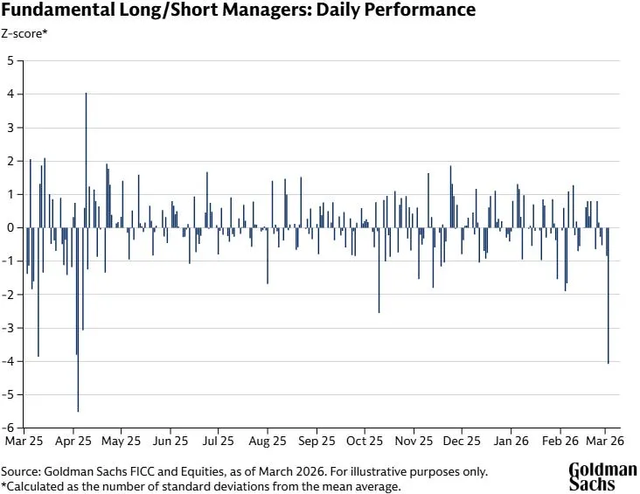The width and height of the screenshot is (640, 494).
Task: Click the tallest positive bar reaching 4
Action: pyautogui.click(x=86, y=157)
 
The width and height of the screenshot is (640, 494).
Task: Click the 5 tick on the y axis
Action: pyautogui.click(x=10, y=60)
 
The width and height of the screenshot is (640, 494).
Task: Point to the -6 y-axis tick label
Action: pyautogui.click(x=9, y=428)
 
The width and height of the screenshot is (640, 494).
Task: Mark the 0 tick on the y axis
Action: pyautogui.click(x=10, y=227)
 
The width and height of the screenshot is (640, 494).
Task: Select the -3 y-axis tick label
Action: pyautogui.click(x=9, y=328)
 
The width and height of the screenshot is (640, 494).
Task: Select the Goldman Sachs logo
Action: pyautogui.click(x=602, y=476)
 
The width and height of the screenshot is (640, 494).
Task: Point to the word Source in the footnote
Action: pyautogui.click(x=19, y=471)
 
